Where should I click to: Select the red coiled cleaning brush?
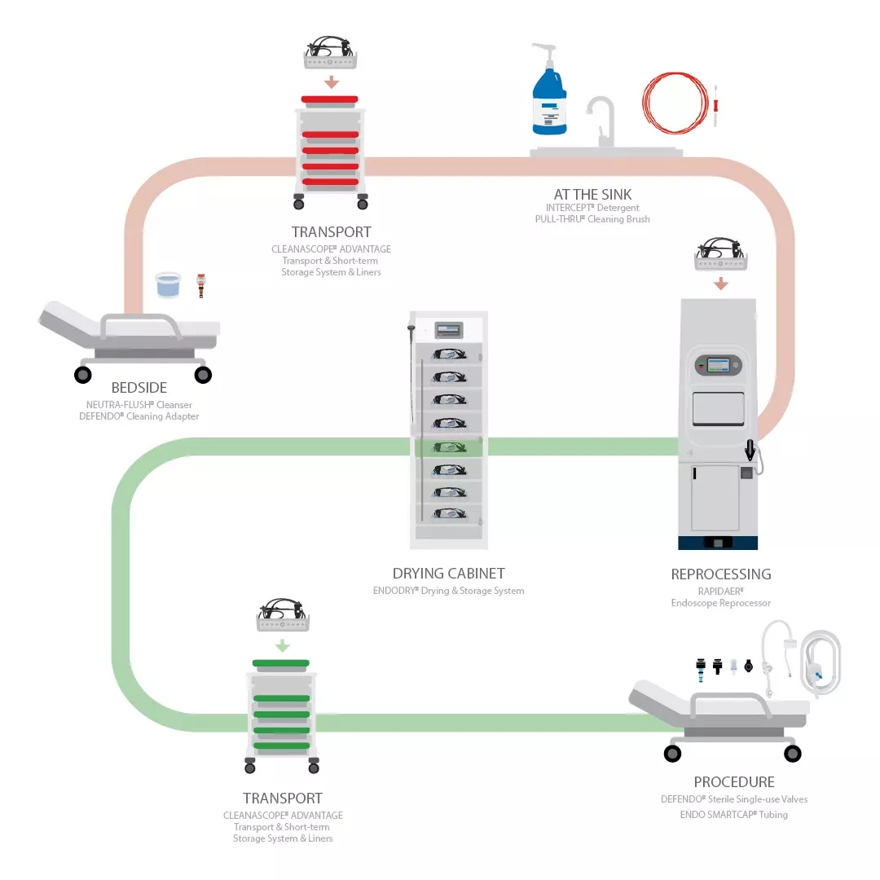pyautogui.click(x=672, y=104)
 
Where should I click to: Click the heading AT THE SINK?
pyautogui.click(x=592, y=194)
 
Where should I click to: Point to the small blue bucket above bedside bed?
pyautogui.click(x=168, y=285)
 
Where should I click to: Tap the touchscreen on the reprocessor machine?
pyautogui.click(x=719, y=365)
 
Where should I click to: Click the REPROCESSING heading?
pyautogui.click(x=720, y=574)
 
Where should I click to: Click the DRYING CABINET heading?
pyautogui.click(x=448, y=574)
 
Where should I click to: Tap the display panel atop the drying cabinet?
pyautogui.click(x=448, y=330)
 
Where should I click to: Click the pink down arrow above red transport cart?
pyautogui.click(x=330, y=82)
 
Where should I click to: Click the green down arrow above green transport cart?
pyautogui.click(x=282, y=645)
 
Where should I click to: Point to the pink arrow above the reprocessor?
pyautogui.click(x=720, y=284)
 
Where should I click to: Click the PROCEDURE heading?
pyautogui.click(x=733, y=782)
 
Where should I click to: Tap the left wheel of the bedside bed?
pyautogui.click(x=83, y=375)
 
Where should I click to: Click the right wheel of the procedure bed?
pyautogui.click(x=792, y=754)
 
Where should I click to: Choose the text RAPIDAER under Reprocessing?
pyautogui.click(x=720, y=590)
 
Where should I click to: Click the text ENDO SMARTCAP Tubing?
pyautogui.click(x=733, y=814)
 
